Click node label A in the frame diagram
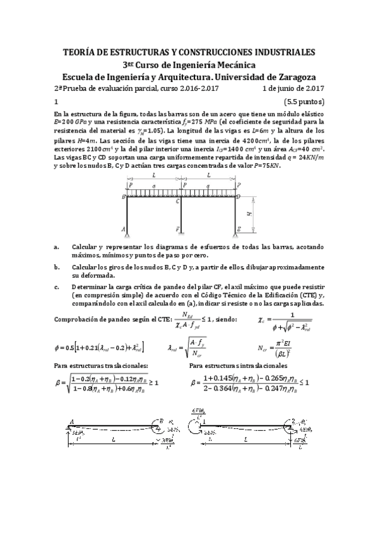(124, 229)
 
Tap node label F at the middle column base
(178, 229)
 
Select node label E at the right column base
(239, 230)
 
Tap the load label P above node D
(239, 185)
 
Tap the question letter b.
(56, 267)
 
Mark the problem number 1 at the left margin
(56, 101)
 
